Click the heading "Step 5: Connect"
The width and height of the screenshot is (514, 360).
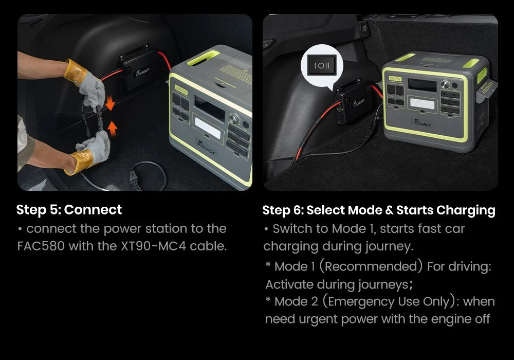coord(69,210)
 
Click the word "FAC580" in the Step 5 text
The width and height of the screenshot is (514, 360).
coord(41,246)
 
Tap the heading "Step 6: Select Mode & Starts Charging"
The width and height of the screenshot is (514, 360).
coord(379,210)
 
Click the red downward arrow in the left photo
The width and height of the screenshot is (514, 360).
coord(109,105)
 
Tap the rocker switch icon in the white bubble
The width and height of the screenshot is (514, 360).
coord(322,65)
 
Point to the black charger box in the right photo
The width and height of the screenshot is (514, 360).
coord(355,103)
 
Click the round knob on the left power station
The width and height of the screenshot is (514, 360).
coord(236,119)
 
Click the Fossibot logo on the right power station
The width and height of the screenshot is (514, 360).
coord(423,122)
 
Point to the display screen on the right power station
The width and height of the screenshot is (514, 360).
coord(422,85)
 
